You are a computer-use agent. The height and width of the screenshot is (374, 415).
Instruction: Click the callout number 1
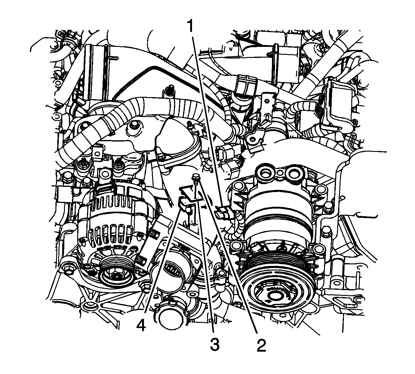(191, 27)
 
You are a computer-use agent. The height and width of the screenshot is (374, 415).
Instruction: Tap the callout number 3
(215, 346)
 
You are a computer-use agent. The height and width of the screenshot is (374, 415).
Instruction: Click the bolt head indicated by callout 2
(195, 176)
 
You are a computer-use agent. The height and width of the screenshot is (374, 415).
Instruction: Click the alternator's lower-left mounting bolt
(68, 269)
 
